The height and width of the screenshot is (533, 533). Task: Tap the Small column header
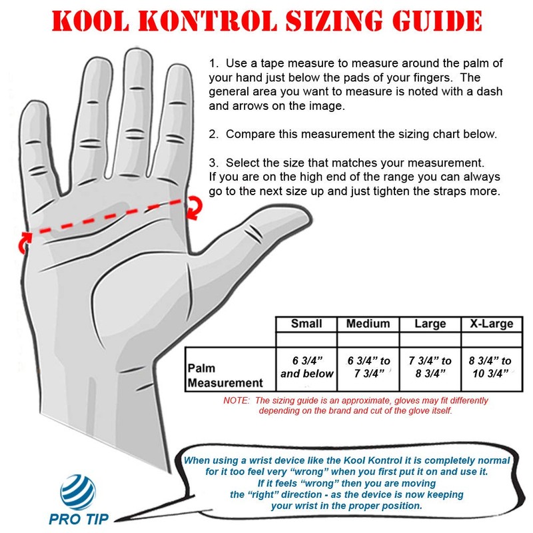(306, 324)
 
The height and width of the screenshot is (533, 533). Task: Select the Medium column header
(368, 324)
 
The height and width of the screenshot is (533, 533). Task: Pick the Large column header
(430, 324)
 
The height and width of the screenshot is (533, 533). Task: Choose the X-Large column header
(491, 324)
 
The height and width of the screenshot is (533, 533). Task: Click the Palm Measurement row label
(225, 375)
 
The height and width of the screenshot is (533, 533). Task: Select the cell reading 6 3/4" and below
(306, 366)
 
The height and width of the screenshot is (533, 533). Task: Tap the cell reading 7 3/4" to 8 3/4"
(430, 366)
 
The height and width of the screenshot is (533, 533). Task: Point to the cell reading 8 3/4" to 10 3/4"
(491, 366)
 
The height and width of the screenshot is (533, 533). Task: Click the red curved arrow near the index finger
(194, 208)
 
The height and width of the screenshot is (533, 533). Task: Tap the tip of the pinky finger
(29, 107)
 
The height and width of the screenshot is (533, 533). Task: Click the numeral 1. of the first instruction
(213, 64)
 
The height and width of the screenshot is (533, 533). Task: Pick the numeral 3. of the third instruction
(213, 163)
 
